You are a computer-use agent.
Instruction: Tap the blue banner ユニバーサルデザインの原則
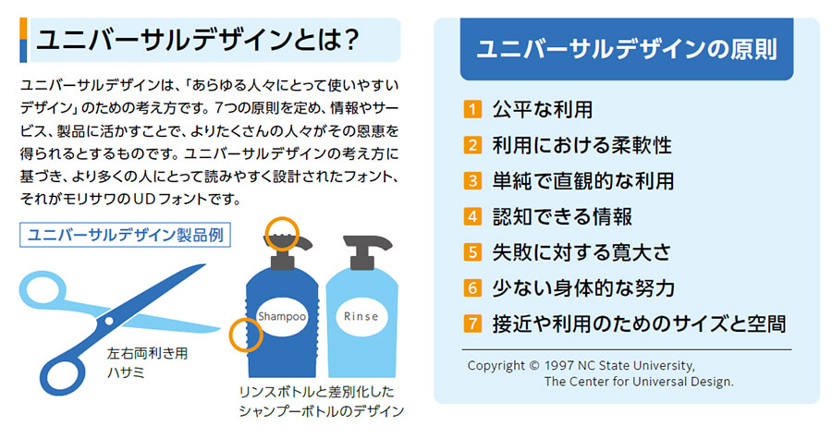click(x=626, y=49)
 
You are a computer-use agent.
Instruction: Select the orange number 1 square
click(x=473, y=110)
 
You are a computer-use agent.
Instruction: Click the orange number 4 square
click(x=473, y=217)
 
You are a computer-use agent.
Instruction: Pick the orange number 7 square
click(x=473, y=323)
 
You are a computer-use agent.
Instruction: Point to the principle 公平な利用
click(x=542, y=110)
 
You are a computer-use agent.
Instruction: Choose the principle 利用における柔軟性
click(x=581, y=145)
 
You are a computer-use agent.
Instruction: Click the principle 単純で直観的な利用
click(x=582, y=181)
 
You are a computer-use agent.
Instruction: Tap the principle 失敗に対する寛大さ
click(x=581, y=252)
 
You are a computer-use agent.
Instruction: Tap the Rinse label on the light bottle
click(x=361, y=316)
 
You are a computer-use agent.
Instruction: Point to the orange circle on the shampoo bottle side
click(x=245, y=335)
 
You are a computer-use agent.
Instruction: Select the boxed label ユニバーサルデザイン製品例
click(x=125, y=235)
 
